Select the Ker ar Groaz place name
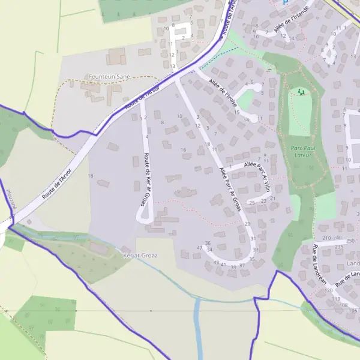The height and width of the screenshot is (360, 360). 140,255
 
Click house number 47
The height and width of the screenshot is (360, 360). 200,248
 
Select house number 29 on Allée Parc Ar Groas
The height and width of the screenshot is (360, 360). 247,224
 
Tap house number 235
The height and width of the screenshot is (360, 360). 338,247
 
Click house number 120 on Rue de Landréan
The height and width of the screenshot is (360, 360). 328,290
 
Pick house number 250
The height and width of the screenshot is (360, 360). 350,240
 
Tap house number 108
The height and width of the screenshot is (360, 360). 344,304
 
